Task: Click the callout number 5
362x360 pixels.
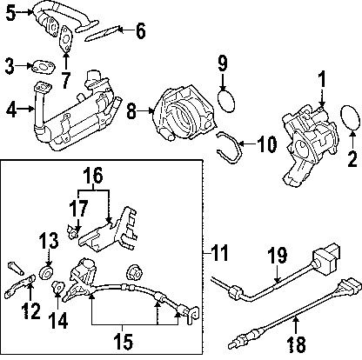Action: coord(10,13)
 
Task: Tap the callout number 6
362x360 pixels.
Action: coord(141,35)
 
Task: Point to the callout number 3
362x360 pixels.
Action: coord(10,64)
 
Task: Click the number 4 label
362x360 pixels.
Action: coord(10,110)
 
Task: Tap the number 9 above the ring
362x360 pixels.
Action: coord(222,63)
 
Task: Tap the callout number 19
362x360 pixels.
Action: coord(276,255)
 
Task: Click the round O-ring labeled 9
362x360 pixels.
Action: coord(226,101)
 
